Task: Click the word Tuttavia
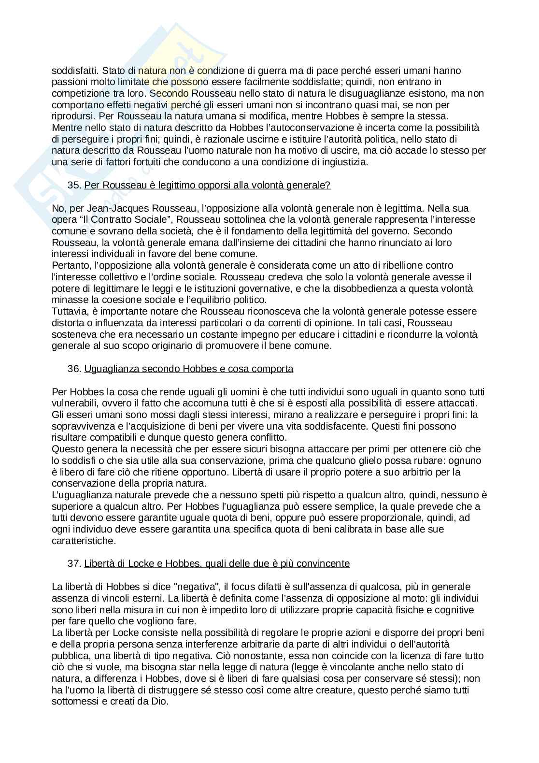[68, 311]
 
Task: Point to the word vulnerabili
[73, 403]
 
